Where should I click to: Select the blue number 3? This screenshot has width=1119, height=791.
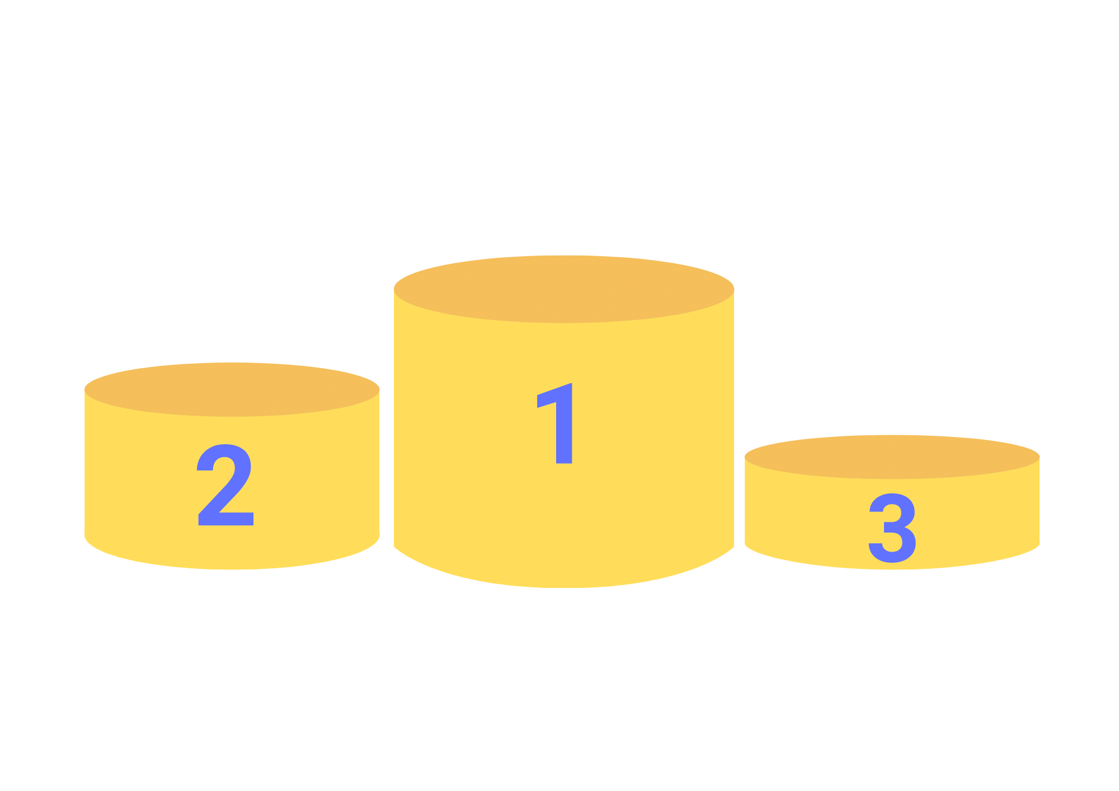(892, 529)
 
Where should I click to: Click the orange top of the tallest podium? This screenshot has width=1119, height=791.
(564, 289)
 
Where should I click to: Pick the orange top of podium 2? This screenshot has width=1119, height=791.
(232, 389)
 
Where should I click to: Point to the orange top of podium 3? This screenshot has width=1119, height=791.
(892, 456)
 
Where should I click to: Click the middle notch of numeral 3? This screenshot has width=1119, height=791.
(890, 527)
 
